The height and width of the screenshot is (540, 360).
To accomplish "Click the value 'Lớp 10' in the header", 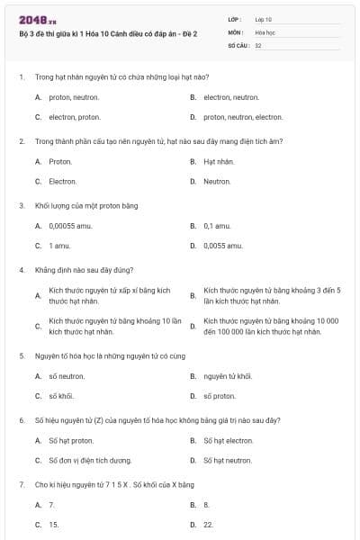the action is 264,18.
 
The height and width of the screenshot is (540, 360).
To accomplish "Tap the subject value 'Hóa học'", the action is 265,31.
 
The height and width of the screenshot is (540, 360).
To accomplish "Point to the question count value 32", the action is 258,44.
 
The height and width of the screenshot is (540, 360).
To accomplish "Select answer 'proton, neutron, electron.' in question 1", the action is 243,117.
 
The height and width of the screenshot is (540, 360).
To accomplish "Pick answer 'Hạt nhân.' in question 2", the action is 219,162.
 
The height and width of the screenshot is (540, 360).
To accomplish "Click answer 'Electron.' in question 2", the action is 63,182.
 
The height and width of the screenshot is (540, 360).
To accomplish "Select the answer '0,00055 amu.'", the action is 69,226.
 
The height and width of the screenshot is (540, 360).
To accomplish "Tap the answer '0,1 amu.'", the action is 219,226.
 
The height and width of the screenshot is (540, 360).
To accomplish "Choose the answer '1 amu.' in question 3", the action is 60,246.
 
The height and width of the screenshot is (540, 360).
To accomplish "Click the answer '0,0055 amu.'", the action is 223,246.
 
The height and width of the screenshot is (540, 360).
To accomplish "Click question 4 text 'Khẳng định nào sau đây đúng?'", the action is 85,270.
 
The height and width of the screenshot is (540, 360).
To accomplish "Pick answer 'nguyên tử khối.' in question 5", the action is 228,376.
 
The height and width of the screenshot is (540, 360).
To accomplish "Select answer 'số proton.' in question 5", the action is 220,396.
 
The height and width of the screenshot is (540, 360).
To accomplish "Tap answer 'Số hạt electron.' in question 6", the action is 229,441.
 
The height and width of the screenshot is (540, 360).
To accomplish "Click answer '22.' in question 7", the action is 208,524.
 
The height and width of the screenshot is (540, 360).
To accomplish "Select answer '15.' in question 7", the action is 54,524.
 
